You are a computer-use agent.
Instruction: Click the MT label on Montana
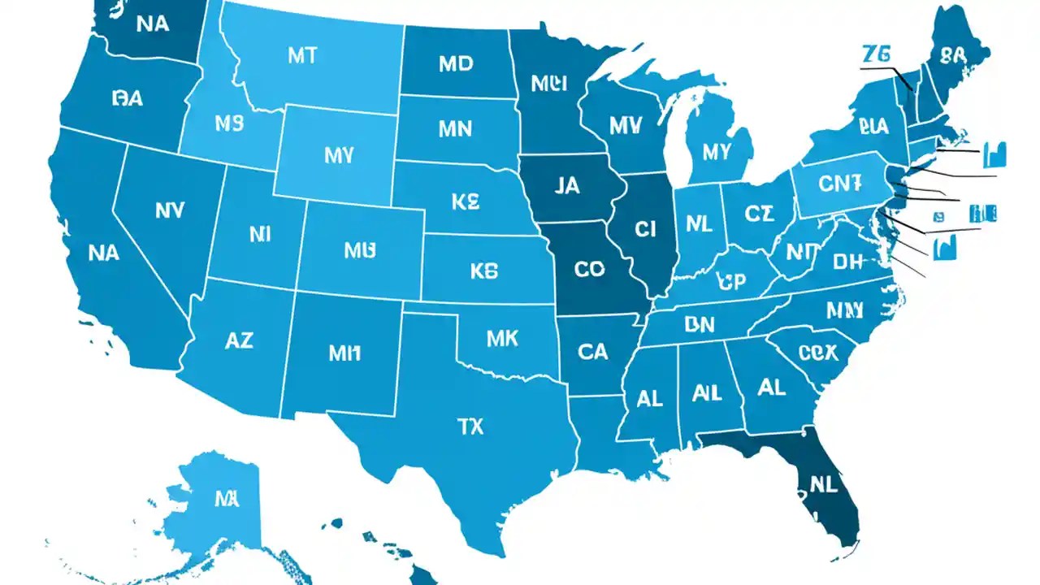coord(302,56)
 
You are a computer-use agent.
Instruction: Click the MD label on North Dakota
coord(455,64)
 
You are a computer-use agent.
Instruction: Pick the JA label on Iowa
coord(567,186)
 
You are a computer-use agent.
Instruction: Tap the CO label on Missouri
coord(589,269)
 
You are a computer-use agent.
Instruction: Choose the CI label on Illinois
coord(644,230)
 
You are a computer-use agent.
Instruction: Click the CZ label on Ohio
coord(759,214)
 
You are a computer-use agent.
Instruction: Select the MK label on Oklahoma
coord(502,339)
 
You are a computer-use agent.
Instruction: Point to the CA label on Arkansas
coord(592,351)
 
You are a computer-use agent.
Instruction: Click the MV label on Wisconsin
coord(625,125)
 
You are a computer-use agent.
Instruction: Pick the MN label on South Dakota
coord(456,128)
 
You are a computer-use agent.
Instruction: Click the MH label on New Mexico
coord(344,353)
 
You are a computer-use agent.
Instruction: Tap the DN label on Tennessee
coord(699,325)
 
